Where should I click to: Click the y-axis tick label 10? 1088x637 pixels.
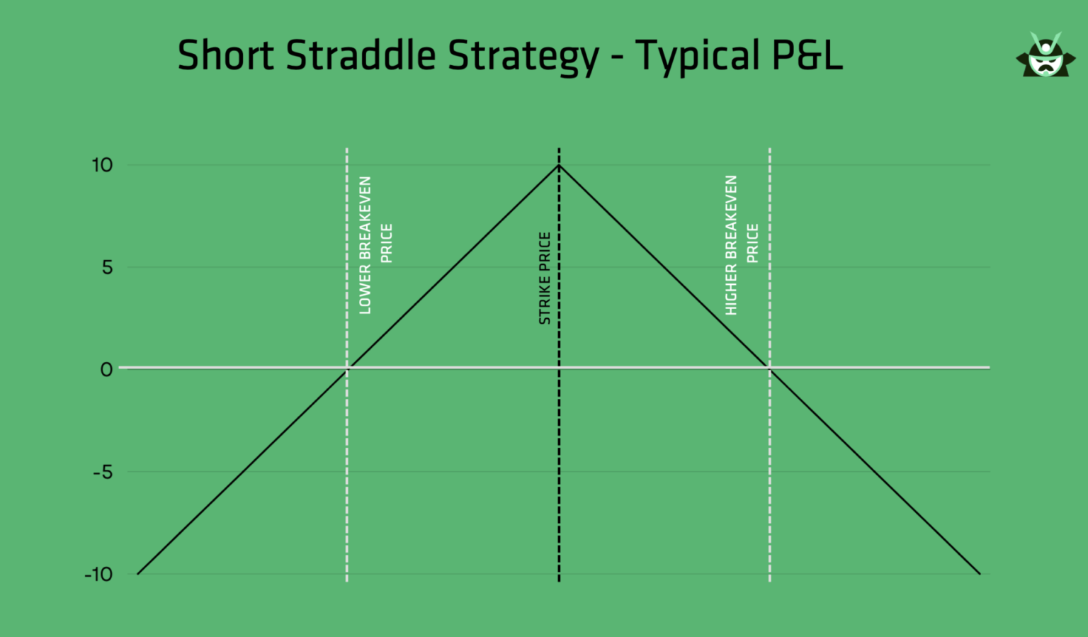[x=102, y=165]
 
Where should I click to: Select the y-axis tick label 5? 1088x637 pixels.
[x=107, y=267]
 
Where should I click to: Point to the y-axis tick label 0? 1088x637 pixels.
[x=106, y=369]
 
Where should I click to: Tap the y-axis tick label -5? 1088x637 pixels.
[x=103, y=472]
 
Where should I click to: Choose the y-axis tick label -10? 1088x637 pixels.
[x=98, y=574]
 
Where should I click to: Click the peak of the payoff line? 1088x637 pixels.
[x=559, y=165]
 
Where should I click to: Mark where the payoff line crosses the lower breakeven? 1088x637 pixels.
[x=347, y=368]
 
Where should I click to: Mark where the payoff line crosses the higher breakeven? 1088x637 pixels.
[x=770, y=368]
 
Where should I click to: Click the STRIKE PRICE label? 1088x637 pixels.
[x=545, y=278]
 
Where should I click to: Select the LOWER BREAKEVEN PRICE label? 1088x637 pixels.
[x=375, y=244]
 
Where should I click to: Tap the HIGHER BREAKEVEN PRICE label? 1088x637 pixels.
[x=741, y=244]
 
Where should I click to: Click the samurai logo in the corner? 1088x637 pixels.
[x=1045, y=55]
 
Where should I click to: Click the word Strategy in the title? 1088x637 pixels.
[x=523, y=57]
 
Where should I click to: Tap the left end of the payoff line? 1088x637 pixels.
[x=138, y=573]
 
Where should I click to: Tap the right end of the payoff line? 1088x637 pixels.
[x=980, y=573]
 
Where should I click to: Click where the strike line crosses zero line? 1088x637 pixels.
[x=559, y=368]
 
